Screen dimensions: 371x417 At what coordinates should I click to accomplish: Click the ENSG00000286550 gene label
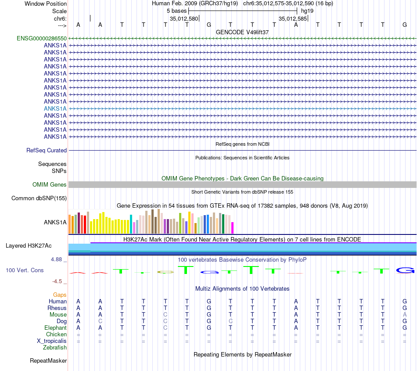pos(42,39)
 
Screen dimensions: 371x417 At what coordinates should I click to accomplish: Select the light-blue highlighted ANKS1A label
pos(55,108)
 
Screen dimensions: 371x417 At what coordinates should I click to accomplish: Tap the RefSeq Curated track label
pos(47,150)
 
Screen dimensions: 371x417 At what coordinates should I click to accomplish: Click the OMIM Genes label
pos(50,185)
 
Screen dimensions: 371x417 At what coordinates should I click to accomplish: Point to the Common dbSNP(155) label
pos(39,198)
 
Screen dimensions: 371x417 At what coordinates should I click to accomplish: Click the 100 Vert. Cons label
pos(25,270)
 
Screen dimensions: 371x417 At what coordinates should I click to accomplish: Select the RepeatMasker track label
pos(48,361)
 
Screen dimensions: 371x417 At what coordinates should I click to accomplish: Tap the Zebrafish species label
pos(55,348)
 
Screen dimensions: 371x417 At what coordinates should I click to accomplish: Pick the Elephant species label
pos(55,328)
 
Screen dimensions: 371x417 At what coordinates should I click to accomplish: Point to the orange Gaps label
pos(60,295)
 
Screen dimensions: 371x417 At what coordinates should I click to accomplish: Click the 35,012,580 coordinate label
pos(184,19)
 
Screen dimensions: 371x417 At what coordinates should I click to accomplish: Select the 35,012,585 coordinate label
pos(293,19)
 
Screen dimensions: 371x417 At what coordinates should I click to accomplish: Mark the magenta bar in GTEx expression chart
pos(233,228)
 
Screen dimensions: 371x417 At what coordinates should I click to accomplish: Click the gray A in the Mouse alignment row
pos(405,315)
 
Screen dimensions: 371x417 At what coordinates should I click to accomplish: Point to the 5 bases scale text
pos(176,11)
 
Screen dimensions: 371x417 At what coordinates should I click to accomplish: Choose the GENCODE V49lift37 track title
pos(242,32)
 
